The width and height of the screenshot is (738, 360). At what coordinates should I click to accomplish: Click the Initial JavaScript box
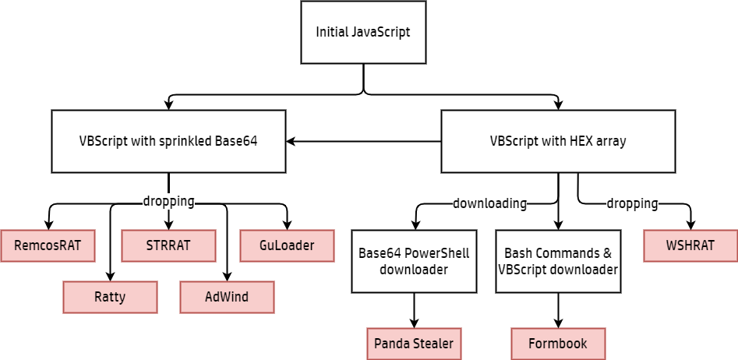pos(363,33)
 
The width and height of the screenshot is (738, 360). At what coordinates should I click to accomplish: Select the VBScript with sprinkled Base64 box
pos(168,141)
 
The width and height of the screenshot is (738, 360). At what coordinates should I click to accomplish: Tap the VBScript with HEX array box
pos(558,141)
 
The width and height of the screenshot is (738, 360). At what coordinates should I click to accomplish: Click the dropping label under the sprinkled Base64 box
pos(168,201)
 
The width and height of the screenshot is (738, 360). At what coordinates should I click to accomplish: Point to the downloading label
pos(489,203)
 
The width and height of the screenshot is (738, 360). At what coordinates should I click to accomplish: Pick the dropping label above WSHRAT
pos(632,203)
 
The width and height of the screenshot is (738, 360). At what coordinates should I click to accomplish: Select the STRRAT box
pos(168,245)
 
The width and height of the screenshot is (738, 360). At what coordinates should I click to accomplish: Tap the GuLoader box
pos(287,245)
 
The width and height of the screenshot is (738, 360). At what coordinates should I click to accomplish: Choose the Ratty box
pos(110,297)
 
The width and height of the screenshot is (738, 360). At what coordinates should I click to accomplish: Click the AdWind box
pos(227,297)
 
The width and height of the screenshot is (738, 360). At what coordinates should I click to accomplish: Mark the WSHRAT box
pos(690,245)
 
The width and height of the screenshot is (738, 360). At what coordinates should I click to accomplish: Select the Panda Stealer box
pos(414,344)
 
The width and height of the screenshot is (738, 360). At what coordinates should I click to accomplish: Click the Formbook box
pos(558,344)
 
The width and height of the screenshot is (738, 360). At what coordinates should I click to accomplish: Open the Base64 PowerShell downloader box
pos(414,261)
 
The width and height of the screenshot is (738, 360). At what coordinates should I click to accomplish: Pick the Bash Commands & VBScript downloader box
pos(558,261)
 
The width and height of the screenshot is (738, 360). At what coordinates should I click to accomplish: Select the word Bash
pos(518,254)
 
